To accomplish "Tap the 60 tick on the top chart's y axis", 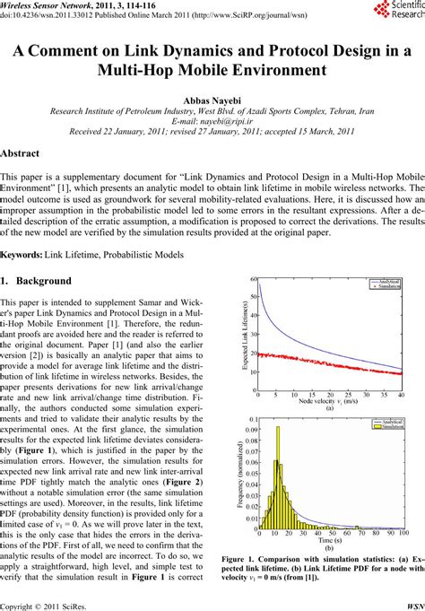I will click(x=255, y=280).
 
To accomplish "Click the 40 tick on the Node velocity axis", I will click(x=400, y=394).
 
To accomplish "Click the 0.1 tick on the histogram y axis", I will click(x=254, y=419).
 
